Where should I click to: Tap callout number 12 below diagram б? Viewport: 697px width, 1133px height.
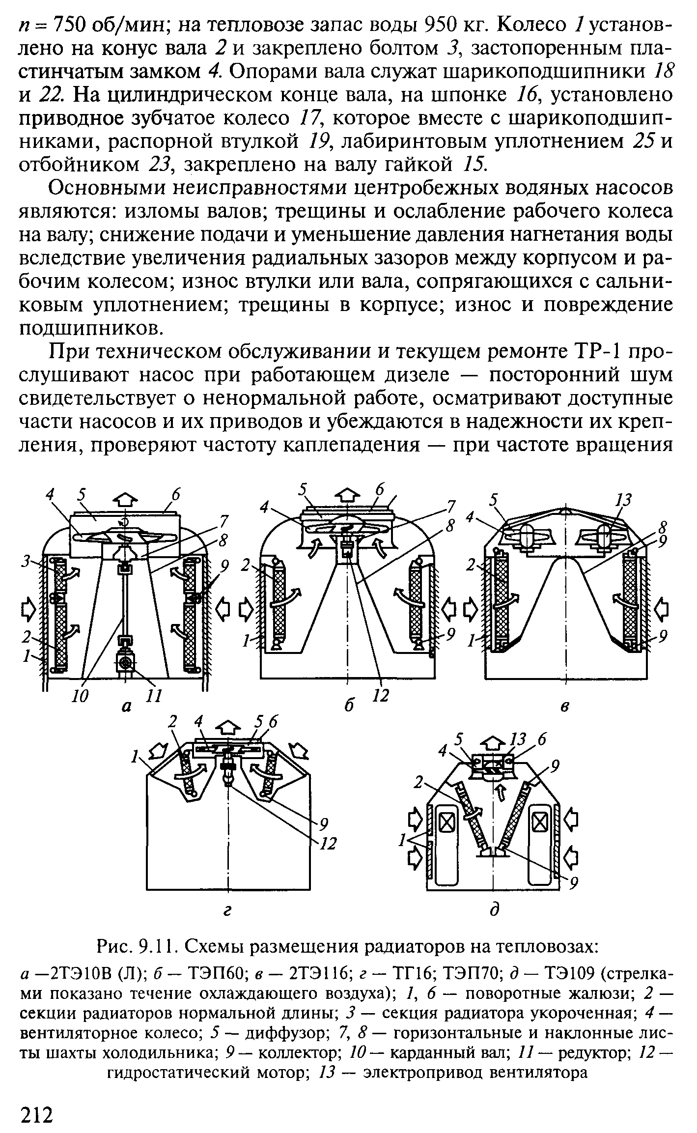click(x=381, y=696)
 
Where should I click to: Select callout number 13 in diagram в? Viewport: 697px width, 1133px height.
click(x=623, y=500)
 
